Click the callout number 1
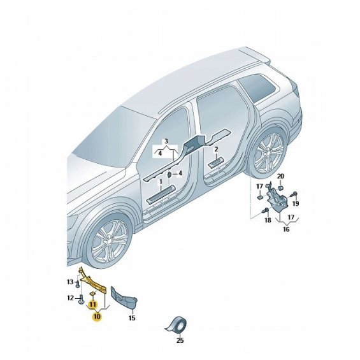click(x=161, y=182)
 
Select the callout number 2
click(x=216, y=150)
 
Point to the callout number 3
click(x=166, y=141)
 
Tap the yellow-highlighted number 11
click(x=92, y=305)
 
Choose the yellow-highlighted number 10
click(x=97, y=317)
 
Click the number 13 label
click(x=70, y=282)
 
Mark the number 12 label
click(x=70, y=298)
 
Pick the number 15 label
click(x=132, y=318)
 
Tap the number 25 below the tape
click(x=180, y=340)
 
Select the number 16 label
click(x=286, y=229)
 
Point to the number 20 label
click(x=280, y=176)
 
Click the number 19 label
click(x=296, y=203)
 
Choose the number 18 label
click(x=268, y=220)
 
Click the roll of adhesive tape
click(x=176, y=326)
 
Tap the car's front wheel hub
click(x=108, y=242)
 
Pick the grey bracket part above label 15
click(x=123, y=296)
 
